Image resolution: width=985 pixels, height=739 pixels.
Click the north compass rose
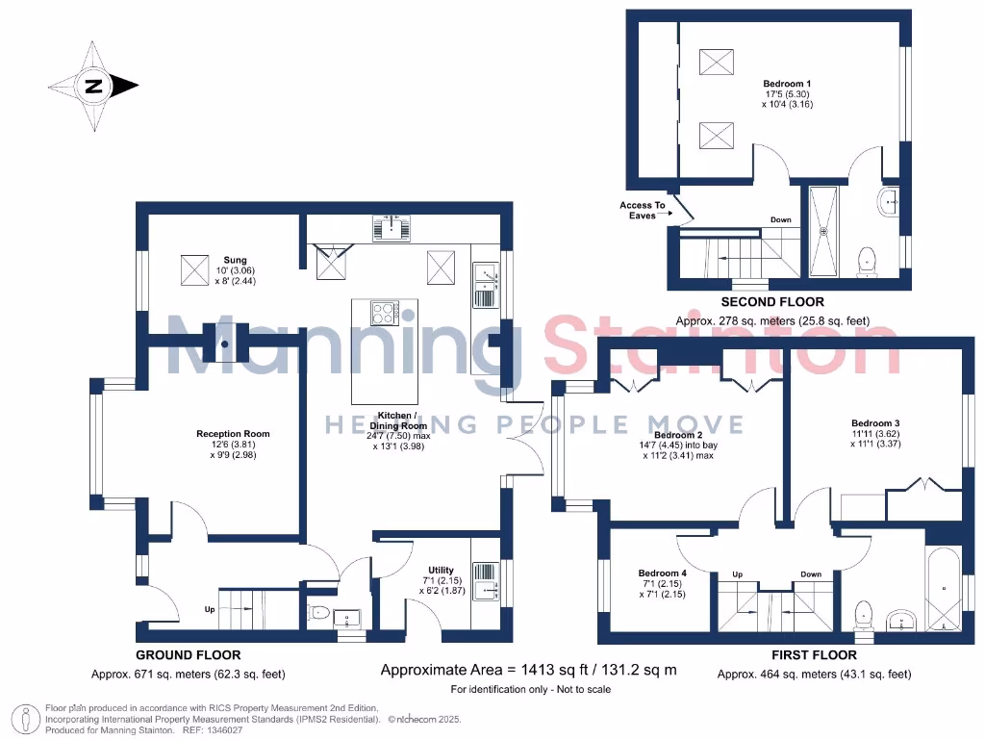click(94, 87)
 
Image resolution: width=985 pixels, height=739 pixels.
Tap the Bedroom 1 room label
click(787, 84)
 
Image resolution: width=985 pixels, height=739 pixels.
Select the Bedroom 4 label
click(662, 573)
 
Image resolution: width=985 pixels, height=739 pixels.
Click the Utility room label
click(440, 571)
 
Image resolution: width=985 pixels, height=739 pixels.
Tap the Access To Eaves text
click(642, 211)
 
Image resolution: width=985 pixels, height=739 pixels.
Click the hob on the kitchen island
click(384, 313)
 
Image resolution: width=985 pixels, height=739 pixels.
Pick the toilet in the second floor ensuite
click(868, 260)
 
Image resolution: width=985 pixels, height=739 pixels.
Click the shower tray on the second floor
click(823, 231)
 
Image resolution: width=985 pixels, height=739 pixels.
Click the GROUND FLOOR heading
click(188, 655)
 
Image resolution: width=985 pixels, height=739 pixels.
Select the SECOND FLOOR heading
click(772, 302)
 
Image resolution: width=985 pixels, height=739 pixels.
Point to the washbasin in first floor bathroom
click(900, 619)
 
